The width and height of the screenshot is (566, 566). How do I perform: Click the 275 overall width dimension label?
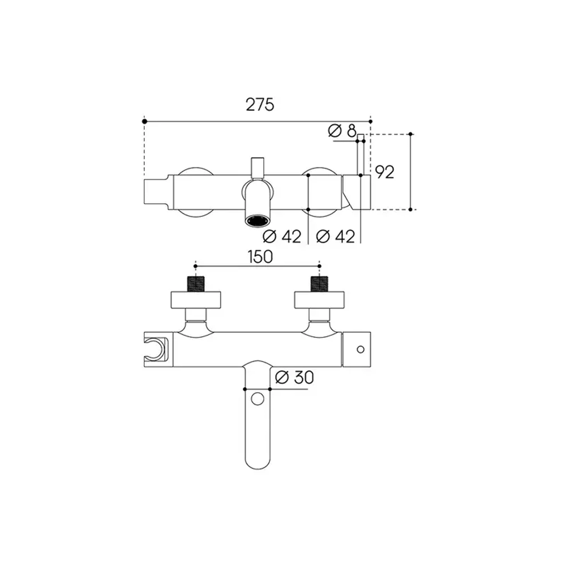pos(260,105)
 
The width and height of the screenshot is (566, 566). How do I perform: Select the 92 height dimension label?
pos(385,172)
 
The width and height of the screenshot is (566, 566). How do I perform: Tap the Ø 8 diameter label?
pos(342,130)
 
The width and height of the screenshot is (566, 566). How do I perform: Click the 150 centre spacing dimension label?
pos(260,256)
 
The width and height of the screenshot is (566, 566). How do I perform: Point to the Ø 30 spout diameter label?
pos(294,378)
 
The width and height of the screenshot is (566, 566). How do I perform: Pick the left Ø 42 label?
pos(282,237)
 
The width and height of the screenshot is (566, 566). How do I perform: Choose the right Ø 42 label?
pos(335,237)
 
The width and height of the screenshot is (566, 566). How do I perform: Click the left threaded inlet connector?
pos(196,284)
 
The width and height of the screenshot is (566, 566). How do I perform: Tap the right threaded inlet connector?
pos(319,284)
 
